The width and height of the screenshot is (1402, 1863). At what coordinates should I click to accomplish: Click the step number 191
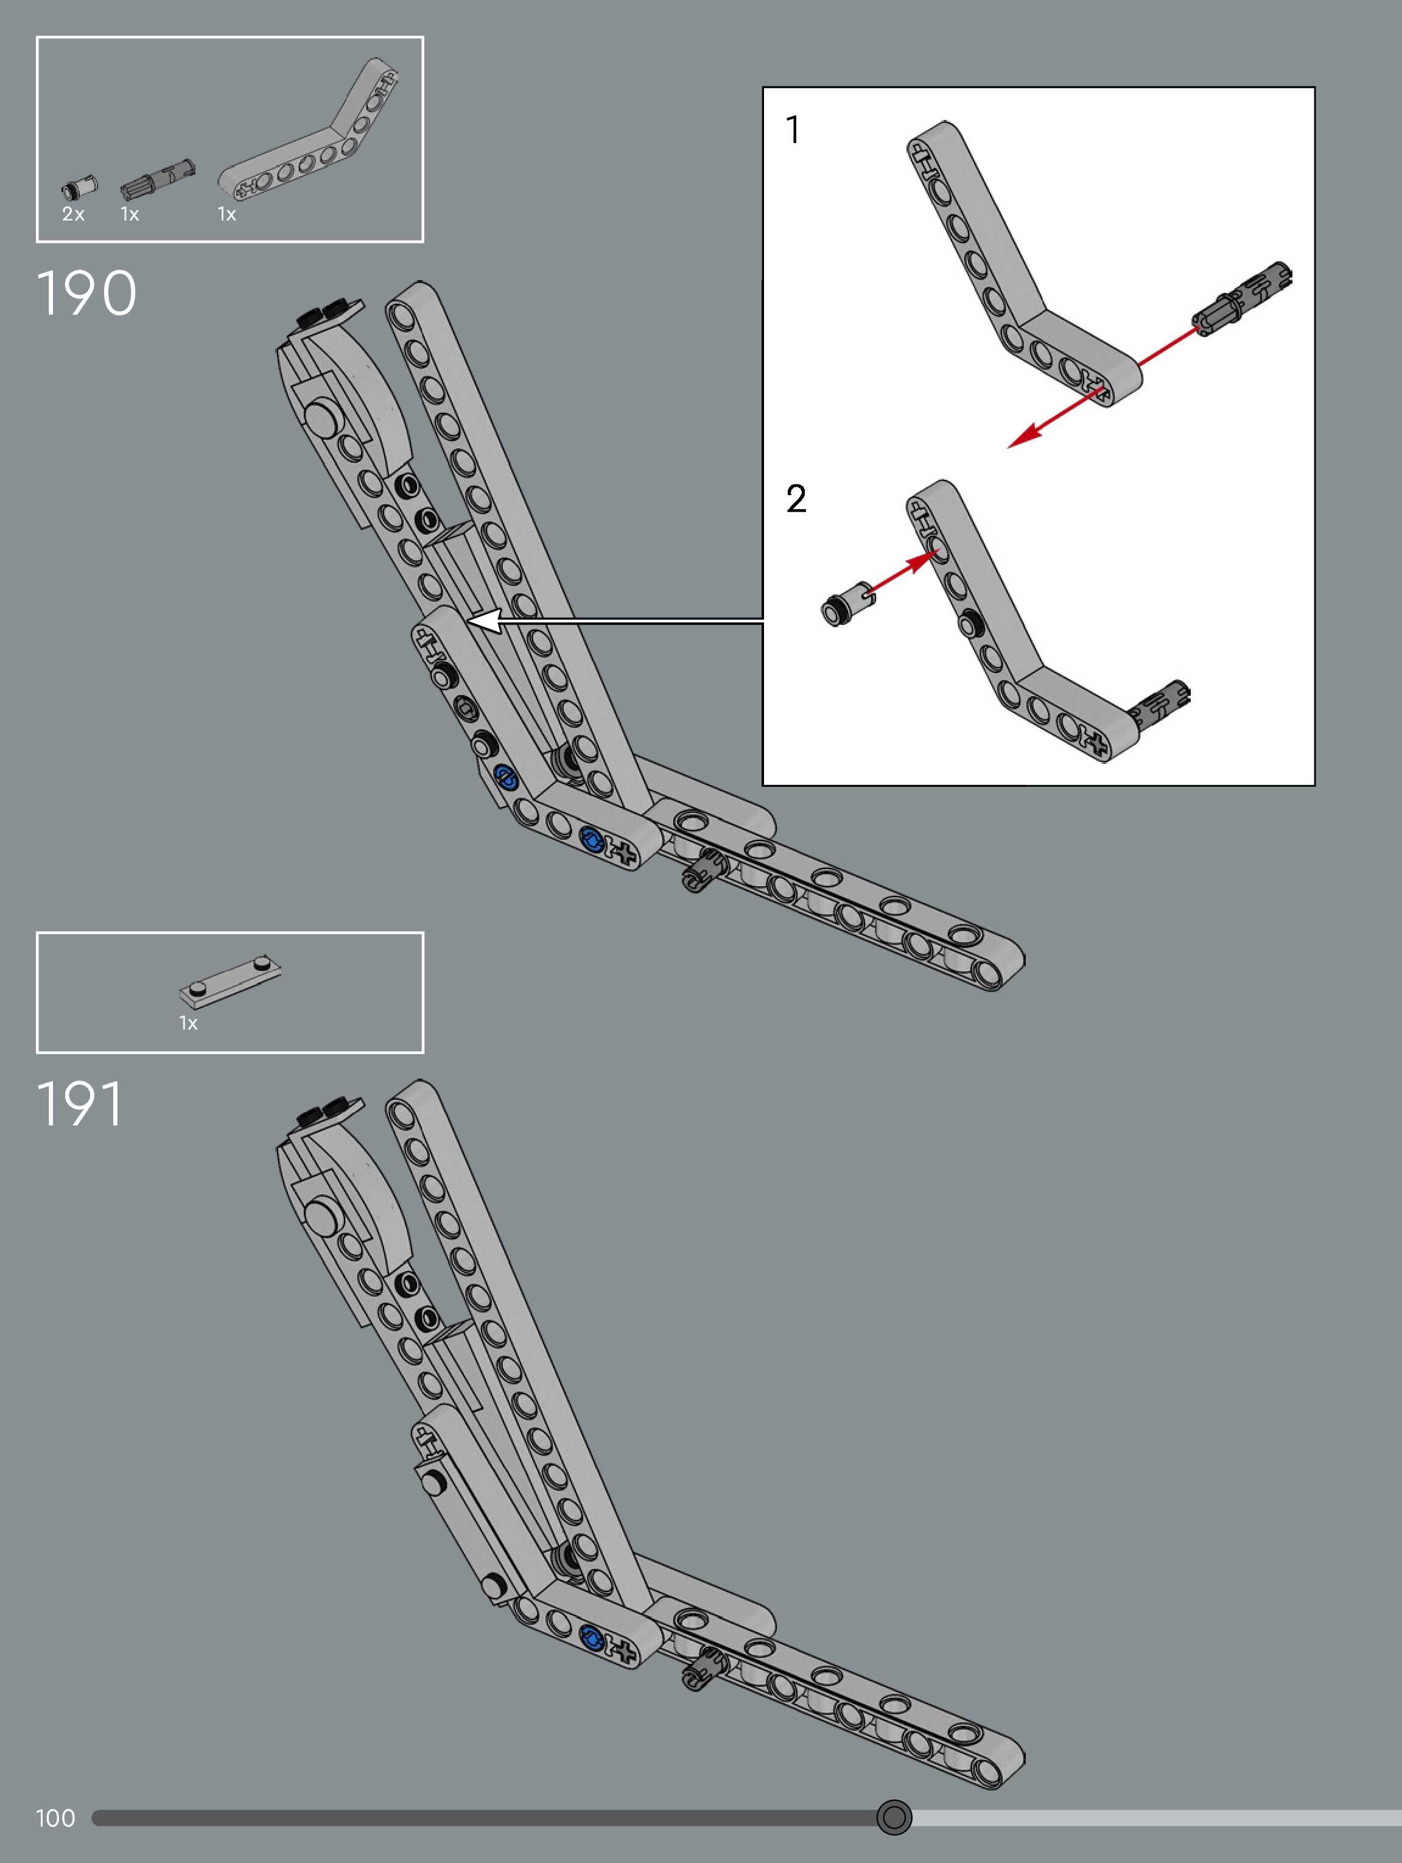click(x=80, y=1104)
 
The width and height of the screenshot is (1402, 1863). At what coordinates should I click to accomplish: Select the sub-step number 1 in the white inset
click(x=793, y=130)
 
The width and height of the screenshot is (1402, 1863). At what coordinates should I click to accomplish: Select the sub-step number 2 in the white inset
click(x=796, y=499)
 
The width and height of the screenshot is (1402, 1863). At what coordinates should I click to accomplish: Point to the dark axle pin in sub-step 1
click(x=1243, y=299)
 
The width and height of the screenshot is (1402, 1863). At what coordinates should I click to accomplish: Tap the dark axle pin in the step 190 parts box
click(x=158, y=177)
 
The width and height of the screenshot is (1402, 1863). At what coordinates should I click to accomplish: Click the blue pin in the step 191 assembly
click(x=592, y=1636)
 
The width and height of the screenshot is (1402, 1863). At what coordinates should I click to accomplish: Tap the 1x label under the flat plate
click(x=188, y=1023)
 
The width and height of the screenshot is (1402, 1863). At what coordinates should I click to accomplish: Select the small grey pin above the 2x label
click(x=79, y=186)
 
